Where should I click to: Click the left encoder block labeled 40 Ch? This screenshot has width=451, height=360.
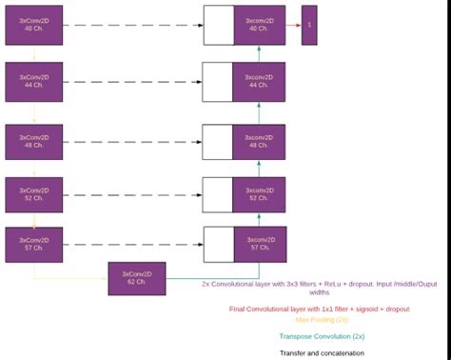click(33, 25)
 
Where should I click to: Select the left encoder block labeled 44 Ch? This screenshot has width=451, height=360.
click(33, 82)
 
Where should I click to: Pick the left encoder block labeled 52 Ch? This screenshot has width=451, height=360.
click(33, 194)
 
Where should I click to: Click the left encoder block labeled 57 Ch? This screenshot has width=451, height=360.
click(33, 244)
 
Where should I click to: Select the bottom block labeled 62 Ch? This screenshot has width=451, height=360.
click(136, 278)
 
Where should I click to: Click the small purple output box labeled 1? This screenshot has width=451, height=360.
click(309, 25)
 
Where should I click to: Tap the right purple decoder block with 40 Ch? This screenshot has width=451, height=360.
click(260, 25)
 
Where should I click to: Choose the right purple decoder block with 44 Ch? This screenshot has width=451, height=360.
click(260, 82)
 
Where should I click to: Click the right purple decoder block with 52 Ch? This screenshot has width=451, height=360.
click(260, 194)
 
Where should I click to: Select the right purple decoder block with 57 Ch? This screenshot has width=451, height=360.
click(260, 244)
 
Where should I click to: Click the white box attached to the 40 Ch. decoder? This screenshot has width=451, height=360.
click(218, 25)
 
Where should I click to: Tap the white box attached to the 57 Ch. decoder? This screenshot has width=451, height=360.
click(218, 244)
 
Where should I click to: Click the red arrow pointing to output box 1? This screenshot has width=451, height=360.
click(293, 25)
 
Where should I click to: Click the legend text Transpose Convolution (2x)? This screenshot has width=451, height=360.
click(322, 336)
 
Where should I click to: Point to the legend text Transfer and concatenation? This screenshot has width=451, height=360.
click(322, 352)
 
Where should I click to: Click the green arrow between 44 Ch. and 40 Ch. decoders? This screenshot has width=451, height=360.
click(260, 53)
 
